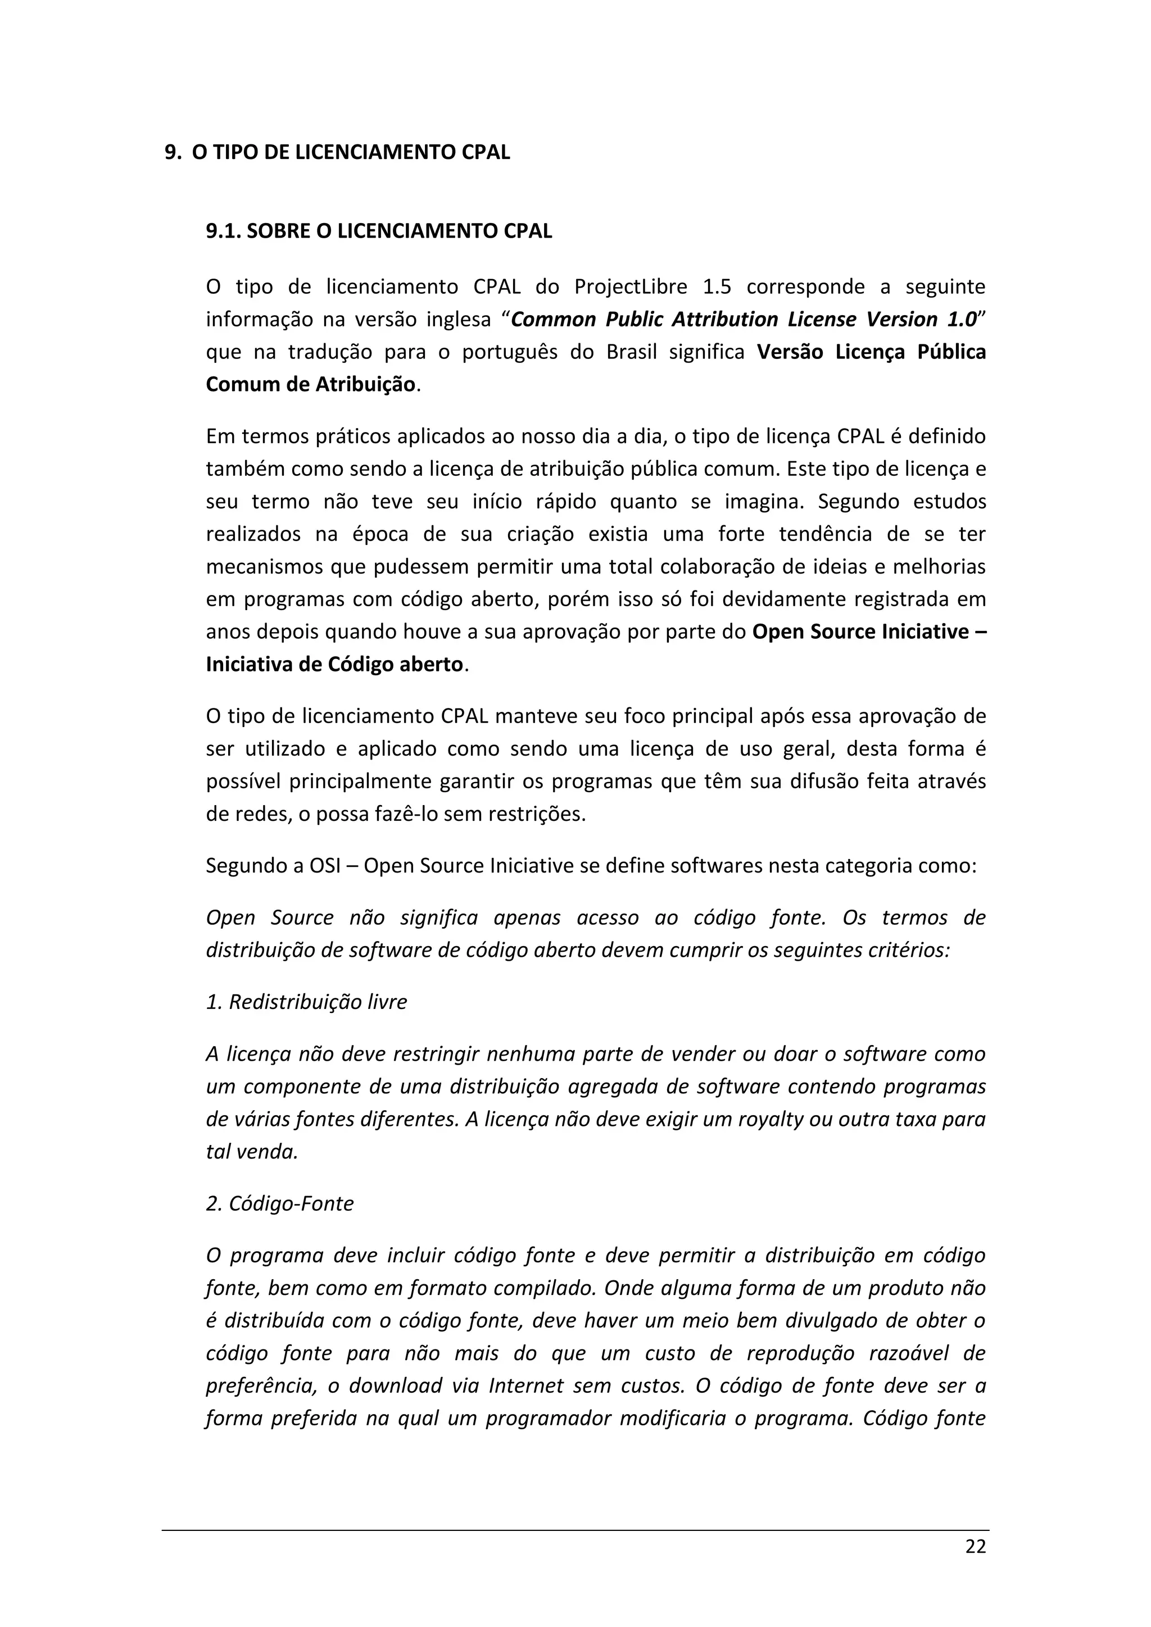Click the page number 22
pos(975,1547)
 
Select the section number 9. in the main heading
pos(172,153)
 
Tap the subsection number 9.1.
pos(223,231)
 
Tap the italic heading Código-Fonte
pos(291,1204)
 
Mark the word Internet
pos(524,1385)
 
